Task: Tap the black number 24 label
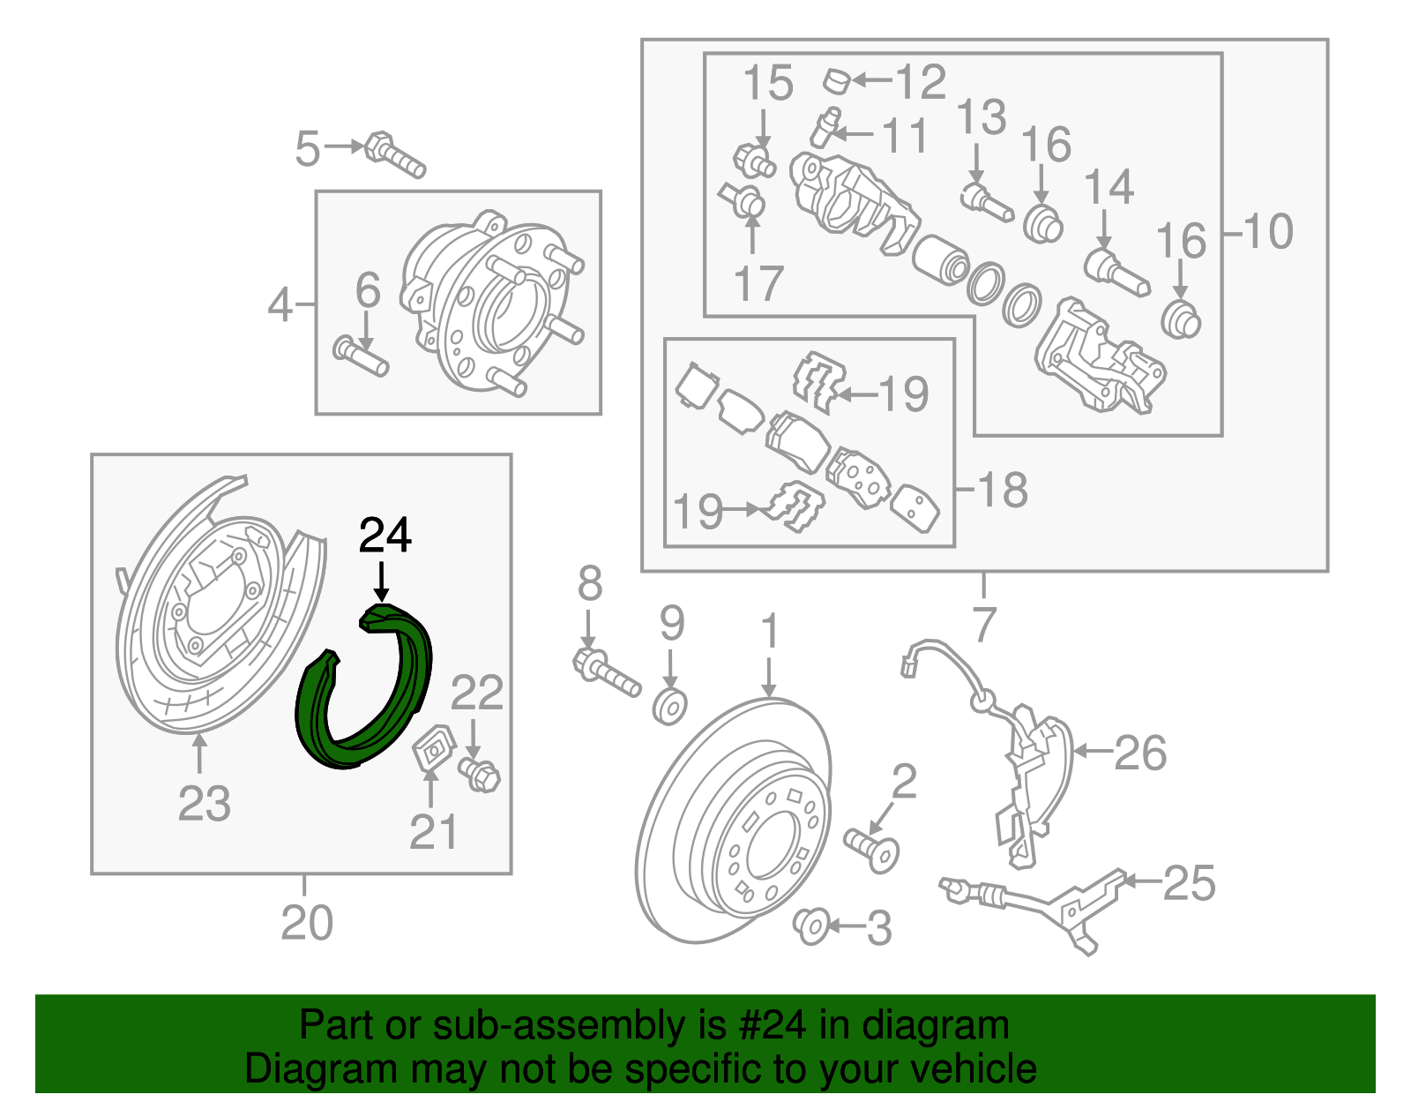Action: [x=385, y=536]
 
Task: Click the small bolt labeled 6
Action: [x=361, y=356]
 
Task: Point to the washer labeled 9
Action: [x=671, y=707]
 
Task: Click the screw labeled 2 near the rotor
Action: [x=872, y=850]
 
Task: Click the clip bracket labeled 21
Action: [x=432, y=749]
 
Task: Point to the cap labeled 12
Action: [x=837, y=81]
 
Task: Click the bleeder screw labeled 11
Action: [x=826, y=128]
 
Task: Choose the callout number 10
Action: [x=1268, y=231]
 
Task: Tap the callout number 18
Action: [x=1003, y=490]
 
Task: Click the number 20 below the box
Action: [x=307, y=923]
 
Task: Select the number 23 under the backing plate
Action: [x=205, y=804]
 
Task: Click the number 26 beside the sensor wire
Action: [x=1140, y=753]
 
